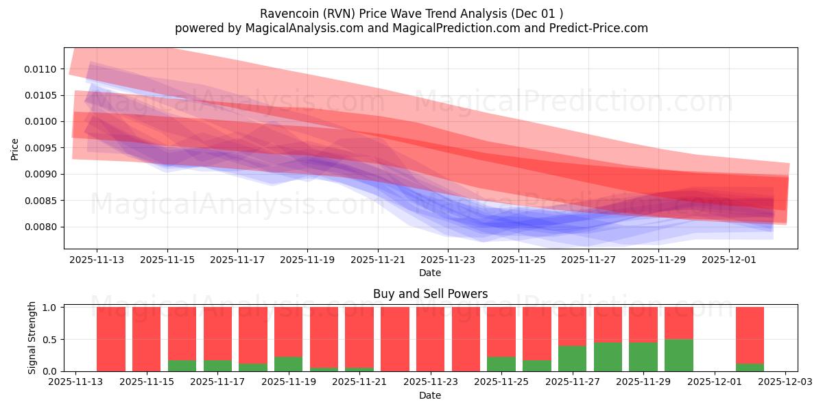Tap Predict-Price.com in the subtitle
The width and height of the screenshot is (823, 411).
596,28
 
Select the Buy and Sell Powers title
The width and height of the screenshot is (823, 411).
430,294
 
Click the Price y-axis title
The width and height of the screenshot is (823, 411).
15,149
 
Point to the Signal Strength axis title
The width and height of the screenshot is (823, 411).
32,338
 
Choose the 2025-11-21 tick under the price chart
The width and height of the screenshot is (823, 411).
378,260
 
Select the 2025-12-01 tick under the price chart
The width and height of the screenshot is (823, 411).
729,260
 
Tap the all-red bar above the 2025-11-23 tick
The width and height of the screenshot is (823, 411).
431,339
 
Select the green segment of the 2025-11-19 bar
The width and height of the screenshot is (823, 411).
288,364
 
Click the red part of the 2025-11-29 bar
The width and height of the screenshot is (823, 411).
643,325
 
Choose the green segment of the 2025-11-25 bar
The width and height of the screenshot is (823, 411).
501,364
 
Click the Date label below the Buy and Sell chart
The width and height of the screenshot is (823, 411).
430,396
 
